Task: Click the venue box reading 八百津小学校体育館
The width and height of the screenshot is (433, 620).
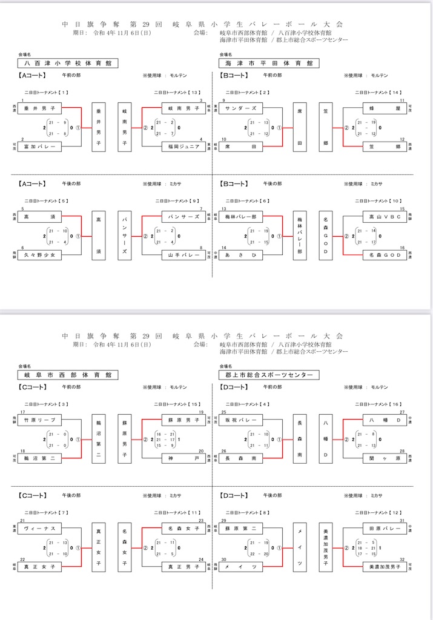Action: coord(68,63)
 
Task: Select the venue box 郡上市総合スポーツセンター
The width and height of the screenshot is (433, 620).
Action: coord(269,375)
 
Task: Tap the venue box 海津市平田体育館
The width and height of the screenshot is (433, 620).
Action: coord(269,63)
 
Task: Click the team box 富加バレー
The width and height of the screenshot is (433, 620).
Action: coord(40,147)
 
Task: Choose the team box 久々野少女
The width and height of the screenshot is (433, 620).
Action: coord(40,256)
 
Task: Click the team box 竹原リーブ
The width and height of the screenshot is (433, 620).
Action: coord(40,420)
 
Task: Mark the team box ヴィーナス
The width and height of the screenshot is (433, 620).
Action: coord(40,529)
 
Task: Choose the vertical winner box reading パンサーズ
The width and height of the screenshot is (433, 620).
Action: coord(125,235)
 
